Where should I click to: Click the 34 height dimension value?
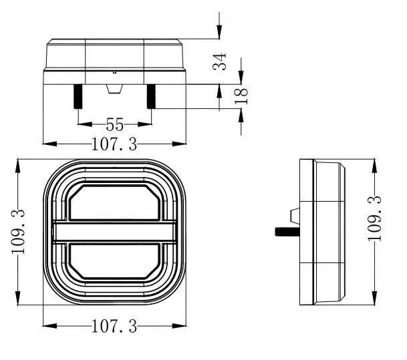220,61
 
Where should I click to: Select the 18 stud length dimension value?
241,96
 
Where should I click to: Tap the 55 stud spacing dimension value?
115,124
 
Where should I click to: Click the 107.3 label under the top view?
114,144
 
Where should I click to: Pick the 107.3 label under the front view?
114,327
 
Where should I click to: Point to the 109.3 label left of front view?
18,232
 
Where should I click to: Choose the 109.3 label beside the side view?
374,218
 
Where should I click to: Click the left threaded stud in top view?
78,96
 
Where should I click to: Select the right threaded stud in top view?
151,96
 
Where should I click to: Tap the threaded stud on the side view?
287,231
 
